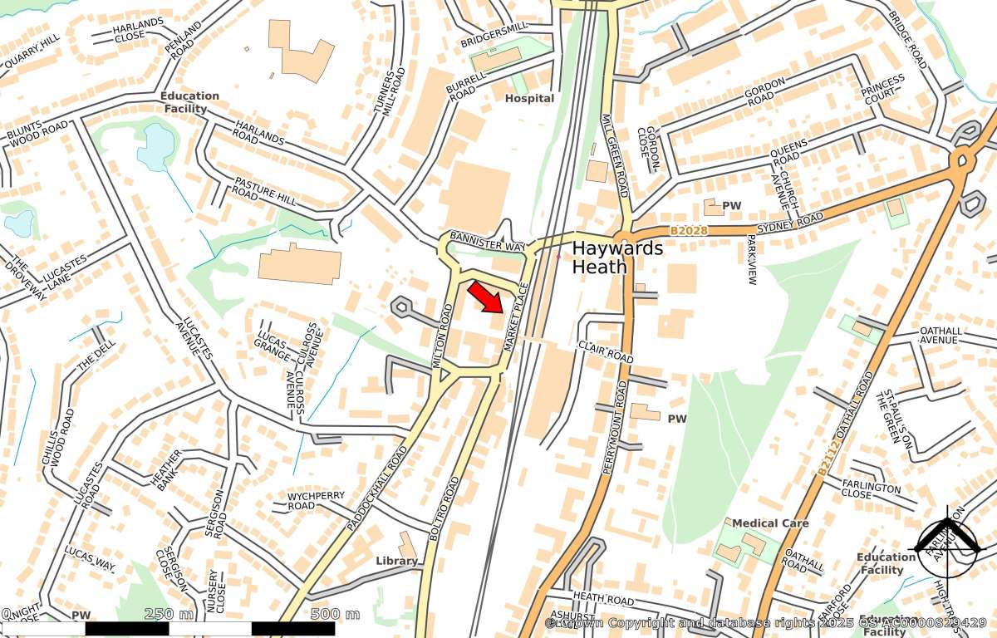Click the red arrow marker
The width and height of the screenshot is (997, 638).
(x=485, y=297)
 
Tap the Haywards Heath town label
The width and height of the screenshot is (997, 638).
(x=617, y=258)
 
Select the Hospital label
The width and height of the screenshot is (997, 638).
(x=529, y=98)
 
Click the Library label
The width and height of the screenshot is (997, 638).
(x=396, y=561)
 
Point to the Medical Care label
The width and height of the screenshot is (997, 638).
(x=770, y=523)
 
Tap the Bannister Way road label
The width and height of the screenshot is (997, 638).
(x=488, y=242)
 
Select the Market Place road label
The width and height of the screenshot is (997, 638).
(x=516, y=316)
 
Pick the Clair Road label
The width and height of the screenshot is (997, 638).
(x=606, y=351)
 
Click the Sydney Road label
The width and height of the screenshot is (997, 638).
(x=789, y=223)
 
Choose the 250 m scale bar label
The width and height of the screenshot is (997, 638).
(x=169, y=614)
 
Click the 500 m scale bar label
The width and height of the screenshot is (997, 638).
(x=335, y=614)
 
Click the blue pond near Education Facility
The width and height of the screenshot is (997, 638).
(x=155, y=148)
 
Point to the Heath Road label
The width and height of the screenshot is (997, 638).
(x=603, y=598)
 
